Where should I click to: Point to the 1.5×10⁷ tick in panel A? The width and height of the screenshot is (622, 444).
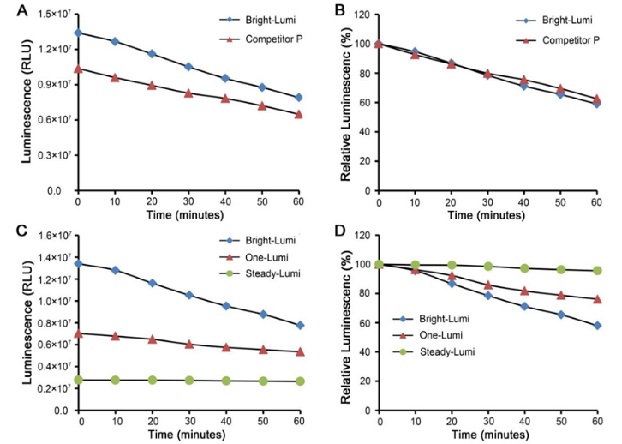pyautogui.click(x=50, y=14)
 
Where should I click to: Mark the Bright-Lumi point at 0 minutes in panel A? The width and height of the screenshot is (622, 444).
pyautogui.click(x=78, y=33)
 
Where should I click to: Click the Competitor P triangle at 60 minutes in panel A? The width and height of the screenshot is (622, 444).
pyautogui.click(x=298, y=114)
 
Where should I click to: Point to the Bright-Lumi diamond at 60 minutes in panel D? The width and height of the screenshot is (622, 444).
pyautogui.click(x=597, y=326)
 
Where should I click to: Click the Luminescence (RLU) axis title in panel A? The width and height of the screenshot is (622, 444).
pyautogui.click(x=12, y=101)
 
